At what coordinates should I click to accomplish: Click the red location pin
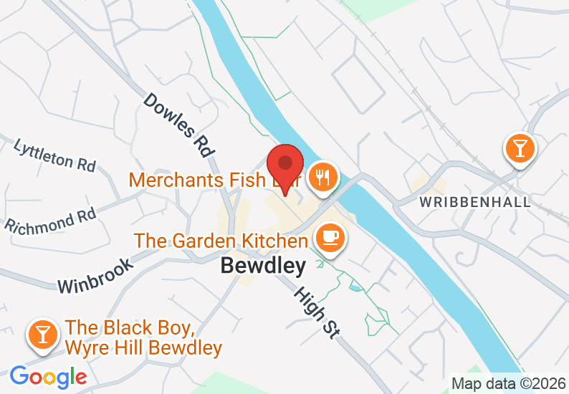click(x=284, y=166)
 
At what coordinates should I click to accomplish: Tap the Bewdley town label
click(x=263, y=266)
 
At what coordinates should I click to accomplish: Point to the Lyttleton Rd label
click(x=54, y=155)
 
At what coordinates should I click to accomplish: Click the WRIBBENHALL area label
click(x=476, y=202)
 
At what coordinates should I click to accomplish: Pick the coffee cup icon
click(x=330, y=236)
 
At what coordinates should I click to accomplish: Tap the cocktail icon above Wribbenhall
click(x=520, y=148)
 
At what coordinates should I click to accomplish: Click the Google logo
click(x=48, y=377)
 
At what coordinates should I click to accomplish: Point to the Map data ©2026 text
click(x=508, y=384)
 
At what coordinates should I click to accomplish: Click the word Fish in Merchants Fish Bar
click(x=247, y=180)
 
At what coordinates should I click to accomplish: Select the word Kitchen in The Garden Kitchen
click(x=276, y=241)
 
